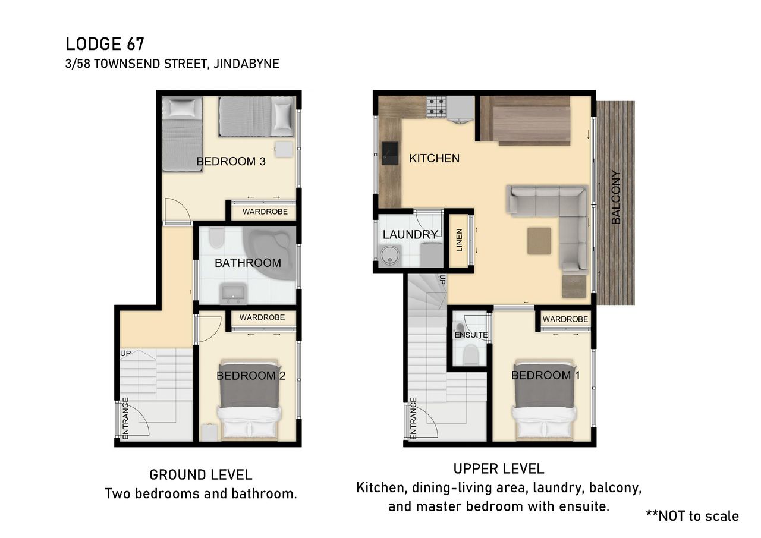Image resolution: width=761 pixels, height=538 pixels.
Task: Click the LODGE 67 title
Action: tap(105, 44)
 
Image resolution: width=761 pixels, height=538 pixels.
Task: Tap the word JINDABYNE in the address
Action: tap(246, 64)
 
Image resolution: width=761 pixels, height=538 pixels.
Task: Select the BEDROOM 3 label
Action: tap(231, 161)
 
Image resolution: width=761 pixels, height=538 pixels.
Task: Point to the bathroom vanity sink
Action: tap(234, 293)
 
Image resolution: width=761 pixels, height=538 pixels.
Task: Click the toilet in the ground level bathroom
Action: tap(216, 238)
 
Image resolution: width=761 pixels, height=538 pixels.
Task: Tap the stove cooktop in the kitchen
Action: tap(436, 106)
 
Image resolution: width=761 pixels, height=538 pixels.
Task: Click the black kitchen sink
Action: tap(389, 153)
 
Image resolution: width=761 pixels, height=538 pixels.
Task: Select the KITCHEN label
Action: tap(434, 158)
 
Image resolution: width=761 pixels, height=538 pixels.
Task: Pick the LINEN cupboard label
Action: tap(460, 240)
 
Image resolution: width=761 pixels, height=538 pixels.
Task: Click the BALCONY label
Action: tap(615, 197)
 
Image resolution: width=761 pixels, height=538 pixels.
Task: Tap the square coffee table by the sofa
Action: tap(539, 241)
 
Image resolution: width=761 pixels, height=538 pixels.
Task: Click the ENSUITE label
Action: tap(471, 335)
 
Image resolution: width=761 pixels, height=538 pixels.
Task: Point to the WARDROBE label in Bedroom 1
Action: tap(565, 319)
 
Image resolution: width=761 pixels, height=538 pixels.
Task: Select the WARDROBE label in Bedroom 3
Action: tap(265, 212)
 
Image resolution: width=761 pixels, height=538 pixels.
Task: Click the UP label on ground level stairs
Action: tap(125, 354)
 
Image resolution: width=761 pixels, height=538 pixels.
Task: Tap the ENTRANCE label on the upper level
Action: tap(413, 418)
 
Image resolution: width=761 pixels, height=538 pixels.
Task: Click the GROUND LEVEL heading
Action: tap(201, 475)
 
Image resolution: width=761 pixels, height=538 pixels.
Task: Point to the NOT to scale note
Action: tap(693, 516)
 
